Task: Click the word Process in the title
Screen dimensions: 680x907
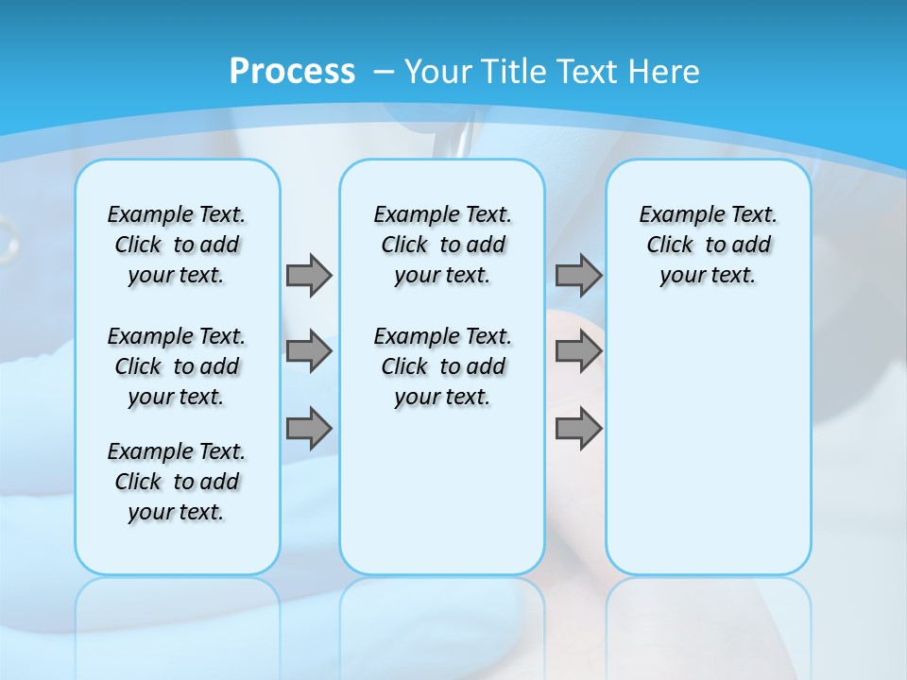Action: pyautogui.click(x=292, y=72)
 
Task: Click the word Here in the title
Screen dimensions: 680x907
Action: pyautogui.click(x=665, y=72)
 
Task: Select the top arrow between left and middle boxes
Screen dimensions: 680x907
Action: pyautogui.click(x=309, y=275)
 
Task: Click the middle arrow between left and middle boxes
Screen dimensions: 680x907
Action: pyautogui.click(x=309, y=351)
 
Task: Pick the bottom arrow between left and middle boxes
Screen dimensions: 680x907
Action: pyautogui.click(x=309, y=428)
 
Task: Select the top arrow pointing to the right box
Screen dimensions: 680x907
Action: pyautogui.click(x=578, y=275)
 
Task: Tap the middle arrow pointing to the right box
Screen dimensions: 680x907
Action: pyautogui.click(x=578, y=351)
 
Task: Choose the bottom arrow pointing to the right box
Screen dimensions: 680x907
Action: pyautogui.click(x=578, y=428)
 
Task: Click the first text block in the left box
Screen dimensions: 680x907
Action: pyautogui.click(x=177, y=245)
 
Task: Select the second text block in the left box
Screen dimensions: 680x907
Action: pyautogui.click(x=177, y=366)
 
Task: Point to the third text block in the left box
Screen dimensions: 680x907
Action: pyautogui.click(x=177, y=482)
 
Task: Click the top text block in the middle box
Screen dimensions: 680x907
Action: pyautogui.click(x=442, y=245)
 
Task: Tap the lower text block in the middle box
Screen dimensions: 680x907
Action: pyautogui.click(x=442, y=366)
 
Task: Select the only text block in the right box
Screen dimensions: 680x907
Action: pyautogui.click(x=708, y=245)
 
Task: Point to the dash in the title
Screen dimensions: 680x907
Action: pyautogui.click(x=384, y=72)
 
